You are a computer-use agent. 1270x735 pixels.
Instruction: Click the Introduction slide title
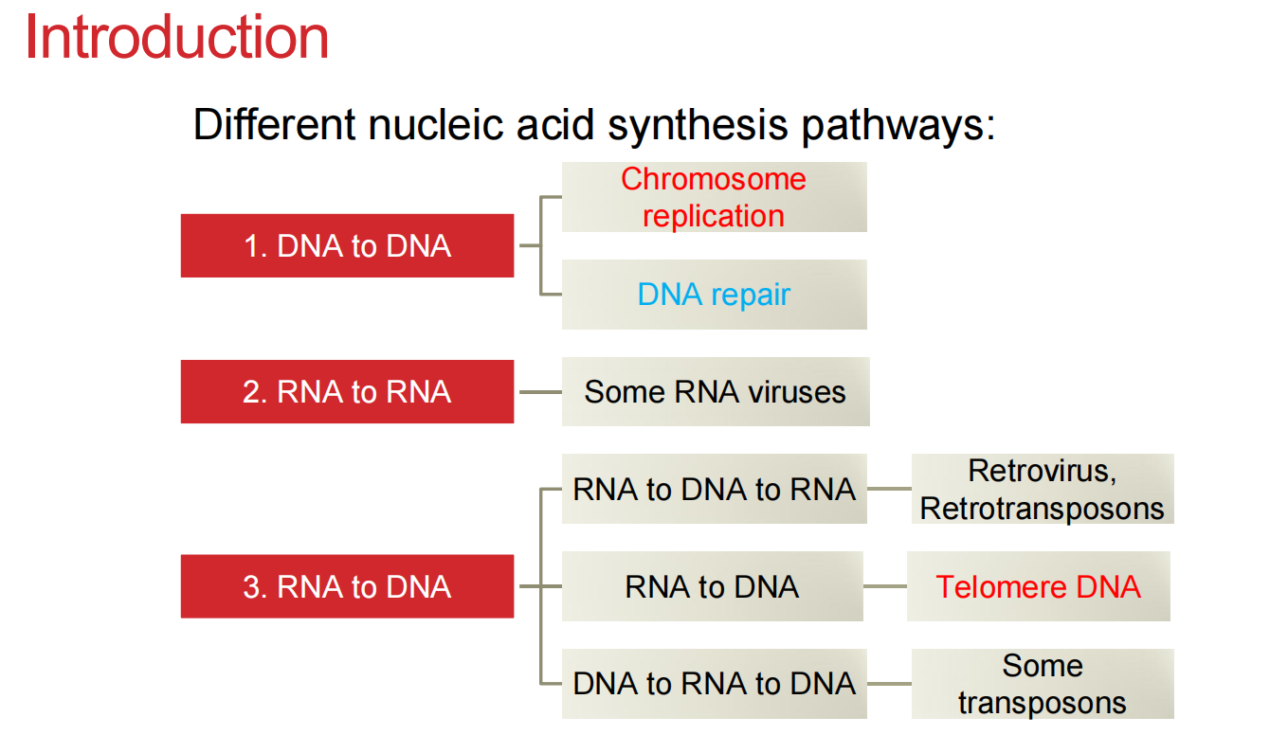pyautogui.click(x=176, y=38)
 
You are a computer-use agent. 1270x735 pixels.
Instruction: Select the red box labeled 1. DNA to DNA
pyautogui.click(x=347, y=246)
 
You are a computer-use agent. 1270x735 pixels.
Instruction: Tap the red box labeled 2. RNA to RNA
pyautogui.click(x=347, y=392)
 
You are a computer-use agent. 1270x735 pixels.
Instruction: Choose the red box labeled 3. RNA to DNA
pyautogui.click(x=347, y=587)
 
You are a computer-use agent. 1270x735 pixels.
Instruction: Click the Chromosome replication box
pyautogui.click(x=714, y=197)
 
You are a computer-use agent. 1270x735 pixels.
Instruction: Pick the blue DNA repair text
pyautogui.click(x=714, y=295)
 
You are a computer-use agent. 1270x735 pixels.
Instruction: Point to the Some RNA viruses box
pyautogui.click(x=715, y=392)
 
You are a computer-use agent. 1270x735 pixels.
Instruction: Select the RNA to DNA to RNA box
pyautogui.click(x=714, y=490)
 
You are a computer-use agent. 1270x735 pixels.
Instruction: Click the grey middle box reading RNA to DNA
pyautogui.click(x=712, y=587)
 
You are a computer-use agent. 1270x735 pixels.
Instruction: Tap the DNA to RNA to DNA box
pyautogui.click(x=714, y=684)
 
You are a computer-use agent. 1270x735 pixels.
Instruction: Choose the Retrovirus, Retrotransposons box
pyautogui.click(x=1042, y=490)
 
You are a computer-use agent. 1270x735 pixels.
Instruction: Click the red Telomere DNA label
pyautogui.click(x=1038, y=587)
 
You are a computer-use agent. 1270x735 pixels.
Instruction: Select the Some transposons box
pyautogui.click(x=1042, y=684)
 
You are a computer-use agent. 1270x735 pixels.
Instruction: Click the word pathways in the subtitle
pyautogui.click(x=898, y=125)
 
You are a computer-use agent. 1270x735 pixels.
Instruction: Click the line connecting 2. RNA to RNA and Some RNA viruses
pyautogui.click(x=539, y=392)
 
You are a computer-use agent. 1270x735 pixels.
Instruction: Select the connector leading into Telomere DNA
pyautogui.click(x=884, y=587)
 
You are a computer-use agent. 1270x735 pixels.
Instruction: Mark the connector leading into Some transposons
pyautogui.click(x=889, y=684)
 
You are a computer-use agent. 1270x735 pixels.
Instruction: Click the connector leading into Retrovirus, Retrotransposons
pyautogui.click(x=889, y=490)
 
